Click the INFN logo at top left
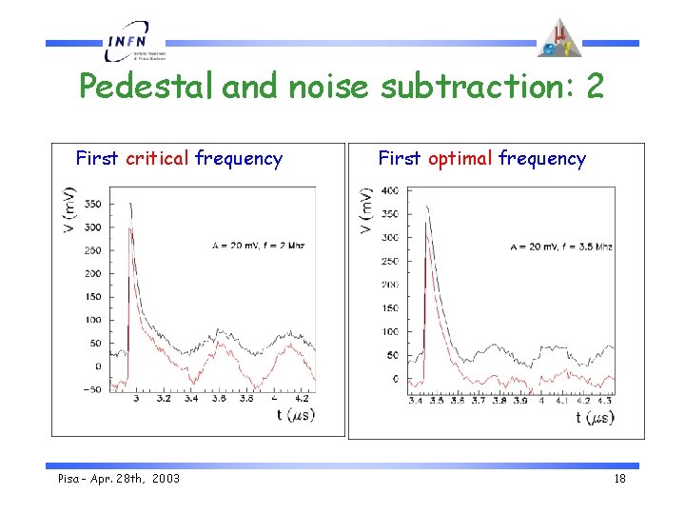coord(134,43)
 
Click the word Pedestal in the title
coord(147,87)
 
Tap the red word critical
coord(158,159)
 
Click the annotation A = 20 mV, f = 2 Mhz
coord(258,245)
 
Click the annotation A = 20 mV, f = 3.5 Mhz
coord(560,247)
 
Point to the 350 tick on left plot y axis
coord(92,204)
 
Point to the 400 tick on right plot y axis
coord(390,191)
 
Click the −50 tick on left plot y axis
coord(90,389)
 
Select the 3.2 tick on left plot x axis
coord(164,400)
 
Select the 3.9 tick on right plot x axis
coord(519,402)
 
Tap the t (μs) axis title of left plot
coord(295,415)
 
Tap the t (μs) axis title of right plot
coord(595,417)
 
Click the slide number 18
coord(619,479)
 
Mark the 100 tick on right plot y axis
coord(390,332)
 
